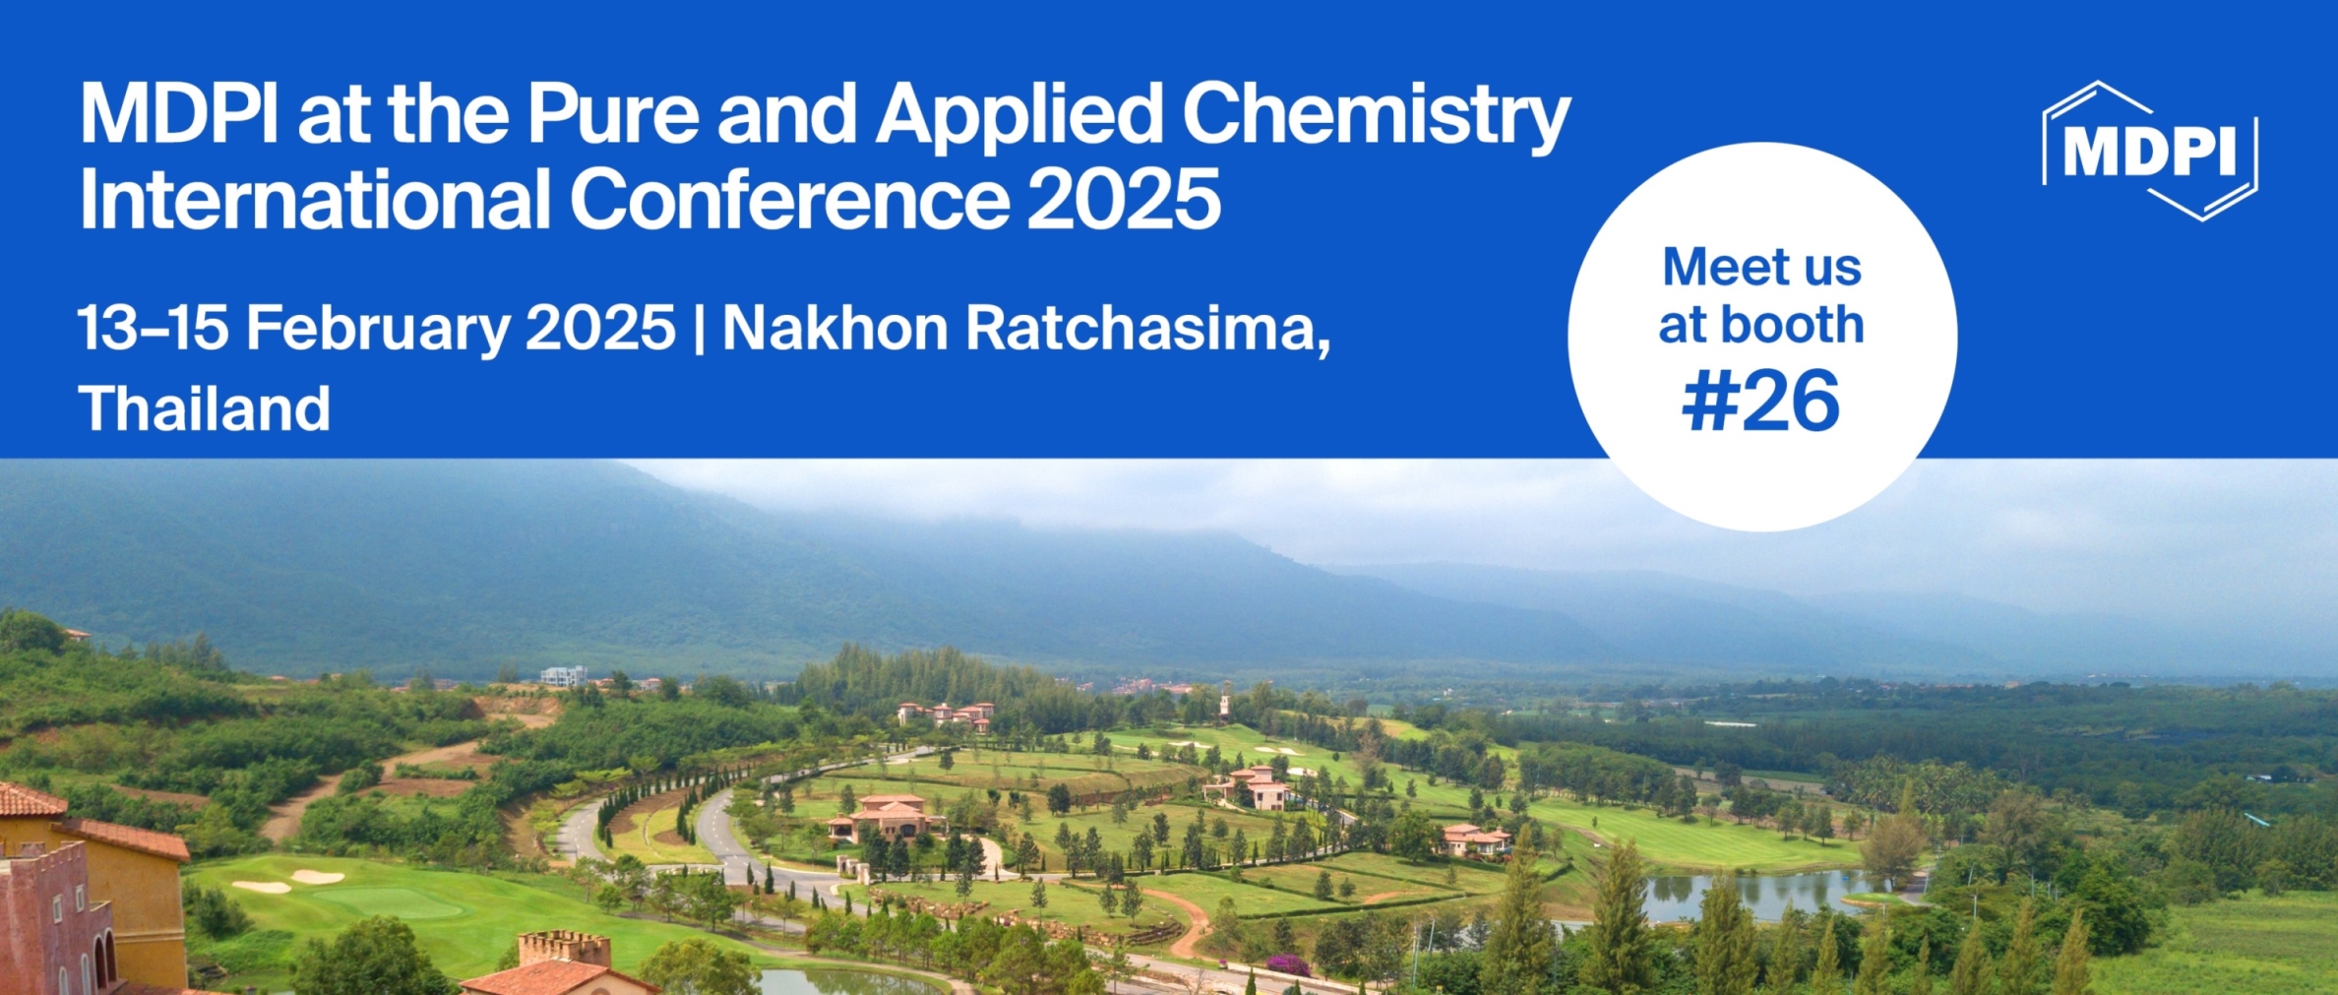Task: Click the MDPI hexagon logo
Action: point(2150,152)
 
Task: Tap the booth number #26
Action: point(1760,402)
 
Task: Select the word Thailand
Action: point(205,408)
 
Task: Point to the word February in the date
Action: point(377,328)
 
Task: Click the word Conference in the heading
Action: point(789,200)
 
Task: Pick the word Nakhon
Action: point(834,328)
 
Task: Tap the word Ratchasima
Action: point(1147,328)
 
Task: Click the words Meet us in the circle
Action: point(1761,267)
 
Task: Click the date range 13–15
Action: point(153,328)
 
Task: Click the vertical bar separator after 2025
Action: point(699,328)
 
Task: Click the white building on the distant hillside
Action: point(564,675)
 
